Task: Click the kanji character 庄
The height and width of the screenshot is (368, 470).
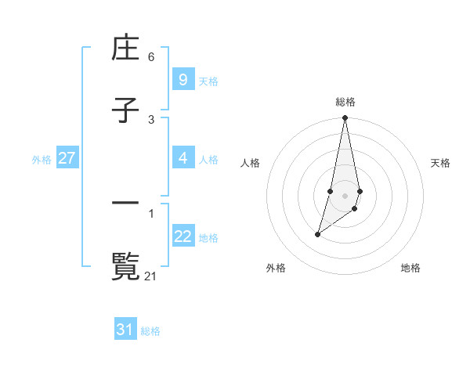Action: [x=125, y=50]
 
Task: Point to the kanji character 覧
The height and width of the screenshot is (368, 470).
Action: [x=125, y=266]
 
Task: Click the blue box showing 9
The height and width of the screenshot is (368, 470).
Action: [x=183, y=79]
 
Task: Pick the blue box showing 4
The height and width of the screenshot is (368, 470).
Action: [x=183, y=158]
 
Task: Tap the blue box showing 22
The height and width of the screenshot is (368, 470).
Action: [x=183, y=236]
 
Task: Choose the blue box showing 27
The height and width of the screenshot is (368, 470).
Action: [x=67, y=158]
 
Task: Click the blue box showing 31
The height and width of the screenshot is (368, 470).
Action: [x=125, y=330]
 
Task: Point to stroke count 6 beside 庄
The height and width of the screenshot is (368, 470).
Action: [x=151, y=56]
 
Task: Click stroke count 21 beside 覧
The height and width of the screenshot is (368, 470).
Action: [x=151, y=276]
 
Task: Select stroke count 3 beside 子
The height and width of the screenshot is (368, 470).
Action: [x=151, y=119]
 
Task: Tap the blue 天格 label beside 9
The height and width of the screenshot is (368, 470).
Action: [x=208, y=81]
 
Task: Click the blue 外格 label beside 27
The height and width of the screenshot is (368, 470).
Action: [x=42, y=159]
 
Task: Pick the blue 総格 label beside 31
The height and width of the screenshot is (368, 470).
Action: [x=150, y=331]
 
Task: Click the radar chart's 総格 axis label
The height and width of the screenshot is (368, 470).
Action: [x=345, y=102]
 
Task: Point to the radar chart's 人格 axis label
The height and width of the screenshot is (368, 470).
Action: [x=251, y=163]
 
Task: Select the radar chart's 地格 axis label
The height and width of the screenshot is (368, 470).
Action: [x=410, y=268]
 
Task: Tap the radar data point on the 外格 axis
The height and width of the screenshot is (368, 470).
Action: [x=317, y=234]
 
